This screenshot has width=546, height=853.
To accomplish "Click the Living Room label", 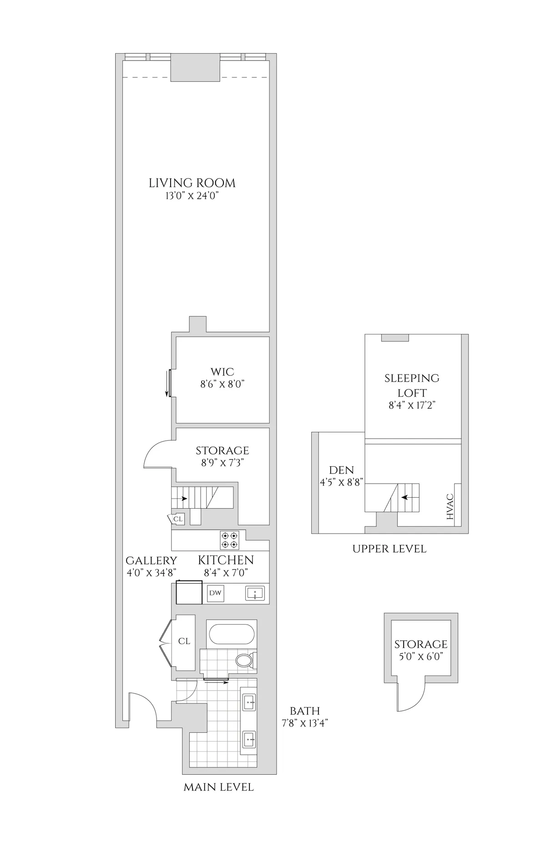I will (x=192, y=183).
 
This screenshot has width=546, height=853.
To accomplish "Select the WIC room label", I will (x=222, y=372).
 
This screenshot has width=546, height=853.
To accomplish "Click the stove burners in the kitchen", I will (x=229, y=540).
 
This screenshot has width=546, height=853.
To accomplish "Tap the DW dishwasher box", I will (x=215, y=593).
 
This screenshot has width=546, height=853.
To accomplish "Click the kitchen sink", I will (x=255, y=593).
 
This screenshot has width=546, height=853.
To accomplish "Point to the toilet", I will (x=246, y=660).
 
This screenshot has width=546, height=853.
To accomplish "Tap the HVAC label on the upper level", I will (x=450, y=507).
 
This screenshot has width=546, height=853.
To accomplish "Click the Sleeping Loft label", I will (x=412, y=385).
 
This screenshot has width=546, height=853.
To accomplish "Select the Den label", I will (x=341, y=470).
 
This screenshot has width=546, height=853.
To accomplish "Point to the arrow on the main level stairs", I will (x=182, y=499).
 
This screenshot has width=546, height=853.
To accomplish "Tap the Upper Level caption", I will (x=389, y=549).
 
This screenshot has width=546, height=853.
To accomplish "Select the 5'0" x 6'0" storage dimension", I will (x=420, y=656).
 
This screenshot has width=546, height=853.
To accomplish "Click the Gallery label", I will (x=151, y=560).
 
